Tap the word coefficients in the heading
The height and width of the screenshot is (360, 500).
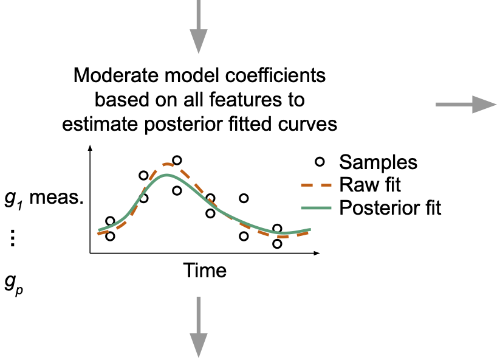click(x=275, y=75)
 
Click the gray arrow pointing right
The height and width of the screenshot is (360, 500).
click(x=466, y=105)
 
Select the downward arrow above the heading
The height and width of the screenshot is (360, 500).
click(x=199, y=27)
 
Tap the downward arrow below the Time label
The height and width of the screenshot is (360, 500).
click(x=199, y=327)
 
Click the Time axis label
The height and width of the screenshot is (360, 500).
click(x=205, y=271)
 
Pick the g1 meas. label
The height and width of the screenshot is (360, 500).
click(x=44, y=199)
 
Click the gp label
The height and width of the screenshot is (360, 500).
click(x=14, y=283)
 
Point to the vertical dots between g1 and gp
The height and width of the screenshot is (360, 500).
click(x=13, y=238)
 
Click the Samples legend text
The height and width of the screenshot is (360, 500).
click(x=378, y=162)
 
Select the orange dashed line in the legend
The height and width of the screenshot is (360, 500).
click(x=317, y=185)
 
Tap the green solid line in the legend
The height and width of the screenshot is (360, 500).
click(x=317, y=208)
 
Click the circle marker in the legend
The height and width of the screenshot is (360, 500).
click(x=320, y=162)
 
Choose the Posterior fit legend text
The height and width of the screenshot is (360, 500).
click(x=390, y=208)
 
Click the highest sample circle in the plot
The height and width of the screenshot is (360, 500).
click(x=177, y=160)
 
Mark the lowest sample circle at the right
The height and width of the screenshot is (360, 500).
click(x=277, y=244)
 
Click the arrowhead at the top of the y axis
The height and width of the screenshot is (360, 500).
click(x=91, y=148)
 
